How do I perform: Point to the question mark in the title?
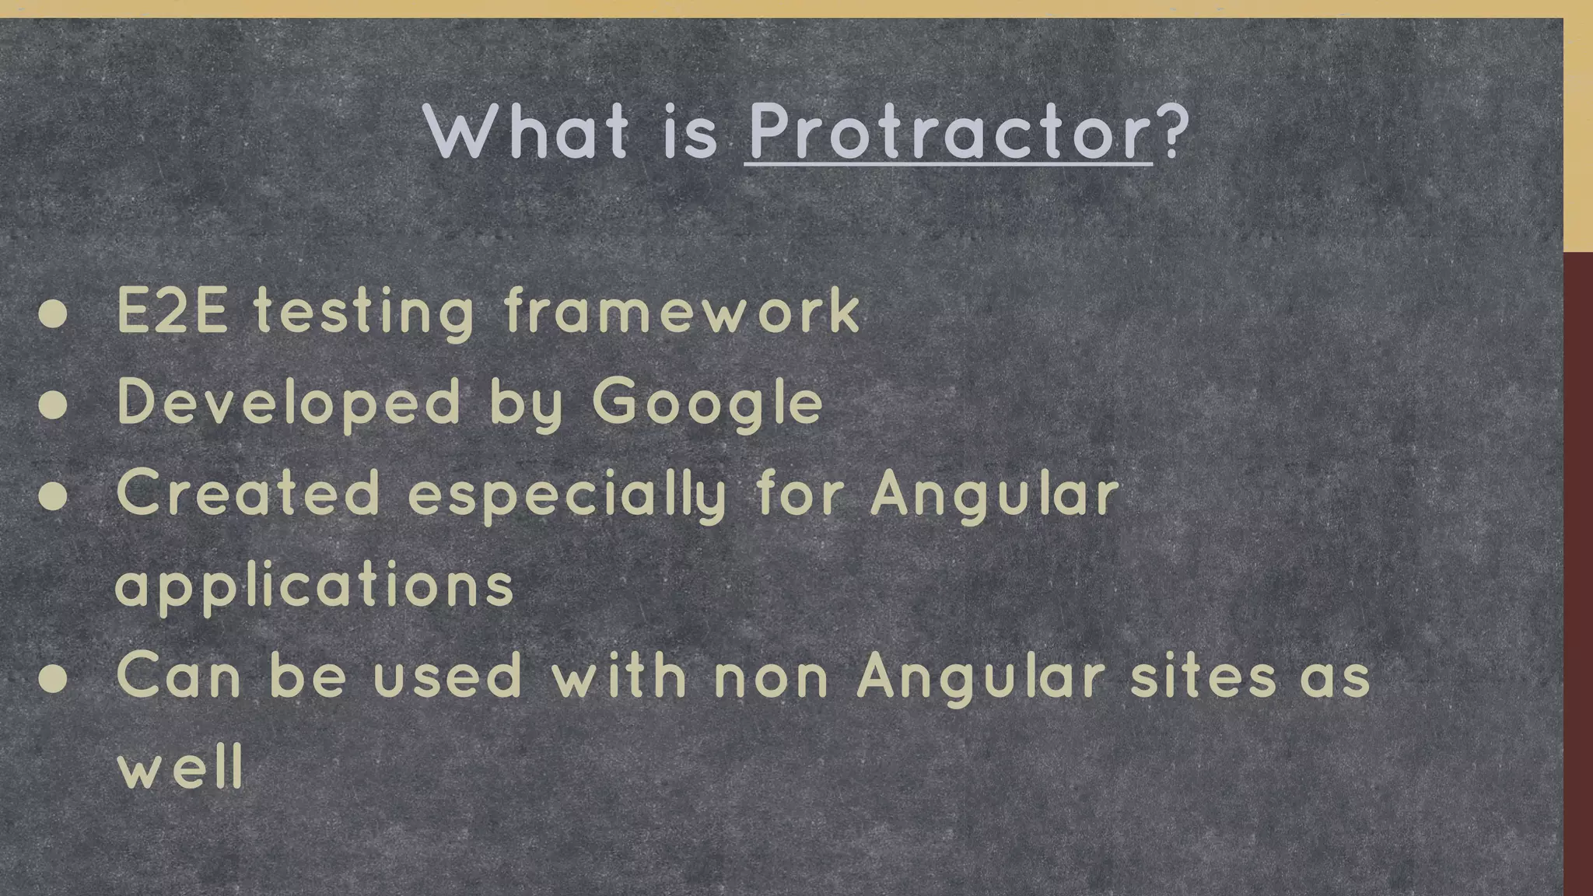(x=1174, y=131)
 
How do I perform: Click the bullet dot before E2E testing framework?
(x=53, y=313)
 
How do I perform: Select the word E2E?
(x=172, y=312)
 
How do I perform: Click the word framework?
(x=681, y=312)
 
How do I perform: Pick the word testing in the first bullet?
(x=364, y=313)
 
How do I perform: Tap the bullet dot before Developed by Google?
(x=53, y=404)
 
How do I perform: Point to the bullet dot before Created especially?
(x=53, y=496)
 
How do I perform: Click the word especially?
(x=567, y=496)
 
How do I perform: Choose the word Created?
(x=248, y=495)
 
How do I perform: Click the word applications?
(x=314, y=586)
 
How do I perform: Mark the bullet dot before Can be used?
(x=53, y=678)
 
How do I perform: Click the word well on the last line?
(x=180, y=768)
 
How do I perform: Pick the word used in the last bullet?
(x=447, y=677)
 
